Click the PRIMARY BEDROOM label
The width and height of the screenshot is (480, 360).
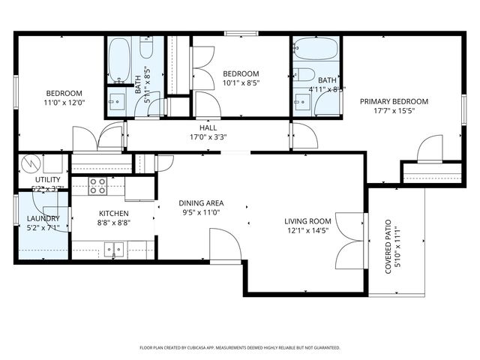coord(394,101)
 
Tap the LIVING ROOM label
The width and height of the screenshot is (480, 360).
coord(307,221)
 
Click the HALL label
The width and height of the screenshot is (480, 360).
coord(208,127)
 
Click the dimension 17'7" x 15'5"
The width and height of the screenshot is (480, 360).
coord(394,111)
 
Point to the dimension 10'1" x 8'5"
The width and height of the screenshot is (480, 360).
coord(241,83)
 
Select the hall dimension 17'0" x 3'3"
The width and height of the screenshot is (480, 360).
coord(208,137)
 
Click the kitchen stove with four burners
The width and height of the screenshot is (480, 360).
coord(97,185)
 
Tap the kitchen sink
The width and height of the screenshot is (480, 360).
coord(115,249)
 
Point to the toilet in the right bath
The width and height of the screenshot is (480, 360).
coord(303,74)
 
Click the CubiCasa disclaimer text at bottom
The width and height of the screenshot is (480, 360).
coord(240,347)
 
